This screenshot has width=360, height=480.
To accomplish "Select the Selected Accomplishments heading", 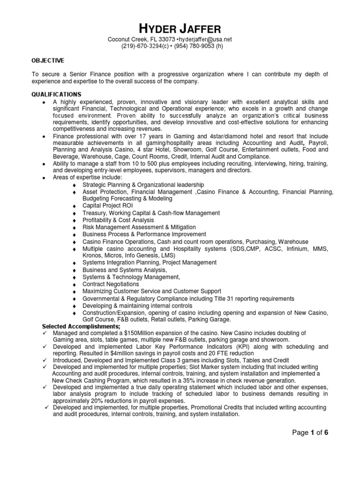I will coord(81,326).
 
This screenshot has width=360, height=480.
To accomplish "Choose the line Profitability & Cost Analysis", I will coord(118,220).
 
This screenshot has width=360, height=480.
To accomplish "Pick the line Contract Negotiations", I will coord(111,284).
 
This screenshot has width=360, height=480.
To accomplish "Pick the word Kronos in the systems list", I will coord(92,255).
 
